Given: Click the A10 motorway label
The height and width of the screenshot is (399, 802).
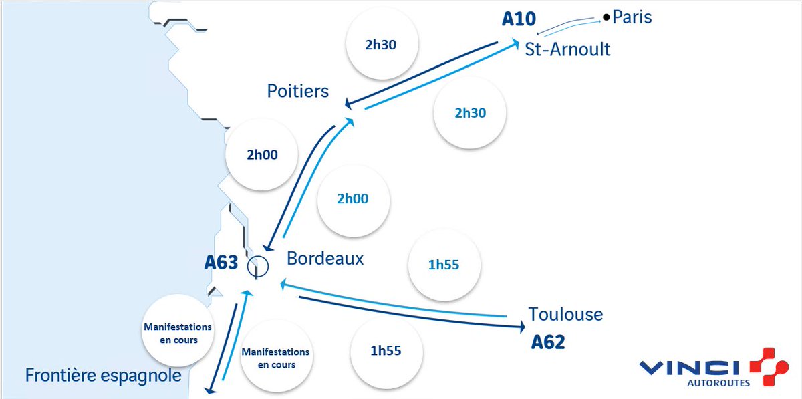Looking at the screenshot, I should (x=519, y=18).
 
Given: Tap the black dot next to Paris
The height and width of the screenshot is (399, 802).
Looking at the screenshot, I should (x=606, y=17).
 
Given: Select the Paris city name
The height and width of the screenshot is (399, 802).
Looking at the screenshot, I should (x=632, y=17).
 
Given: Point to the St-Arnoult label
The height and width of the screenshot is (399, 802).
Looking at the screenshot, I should (x=567, y=49).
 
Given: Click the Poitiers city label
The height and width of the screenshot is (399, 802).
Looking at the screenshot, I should (x=298, y=90).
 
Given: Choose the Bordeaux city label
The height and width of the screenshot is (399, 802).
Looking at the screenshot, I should (x=325, y=258).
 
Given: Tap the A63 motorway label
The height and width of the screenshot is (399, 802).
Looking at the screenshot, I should (x=221, y=263).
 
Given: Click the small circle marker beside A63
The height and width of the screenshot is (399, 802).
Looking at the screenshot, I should (x=257, y=267).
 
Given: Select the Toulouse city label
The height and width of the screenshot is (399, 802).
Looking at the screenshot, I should (x=565, y=313).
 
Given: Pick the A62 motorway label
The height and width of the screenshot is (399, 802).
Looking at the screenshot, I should (x=548, y=343).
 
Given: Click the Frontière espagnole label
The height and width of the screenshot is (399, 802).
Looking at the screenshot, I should (x=103, y=376).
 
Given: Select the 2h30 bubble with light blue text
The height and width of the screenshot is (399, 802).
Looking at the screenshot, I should (x=470, y=113).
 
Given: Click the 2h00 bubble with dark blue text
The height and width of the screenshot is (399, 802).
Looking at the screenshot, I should (x=261, y=155).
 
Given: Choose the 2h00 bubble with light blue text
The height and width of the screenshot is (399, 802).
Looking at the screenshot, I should (x=353, y=198).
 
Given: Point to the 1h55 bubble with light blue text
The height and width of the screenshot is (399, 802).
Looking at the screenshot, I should (x=444, y=265).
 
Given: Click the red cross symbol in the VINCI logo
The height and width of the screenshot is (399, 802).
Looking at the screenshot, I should (x=769, y=366).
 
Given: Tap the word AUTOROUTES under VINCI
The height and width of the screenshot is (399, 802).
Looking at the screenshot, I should (x=718, y=383).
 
